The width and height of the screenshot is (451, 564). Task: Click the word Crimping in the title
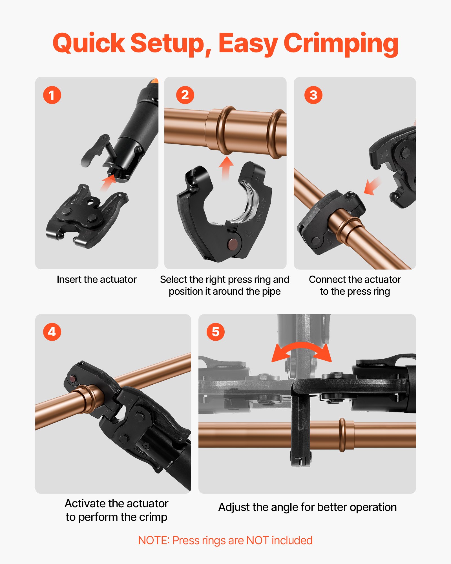point(341,44)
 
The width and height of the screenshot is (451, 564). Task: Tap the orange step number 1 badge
point(52,95)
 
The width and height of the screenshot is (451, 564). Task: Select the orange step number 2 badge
point(185,95)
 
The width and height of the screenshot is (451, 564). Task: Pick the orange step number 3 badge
point(313,95)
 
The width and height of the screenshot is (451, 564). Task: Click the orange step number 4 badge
point(52,332)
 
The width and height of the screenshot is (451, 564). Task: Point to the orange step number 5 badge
point(215,332)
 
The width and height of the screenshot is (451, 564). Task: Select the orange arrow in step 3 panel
point(372,186)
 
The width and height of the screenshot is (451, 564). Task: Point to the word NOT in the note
point(257,541)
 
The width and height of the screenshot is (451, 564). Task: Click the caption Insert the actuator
point(96,279)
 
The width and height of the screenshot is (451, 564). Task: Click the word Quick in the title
point(89,44)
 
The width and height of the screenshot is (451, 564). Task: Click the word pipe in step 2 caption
point(271,291)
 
